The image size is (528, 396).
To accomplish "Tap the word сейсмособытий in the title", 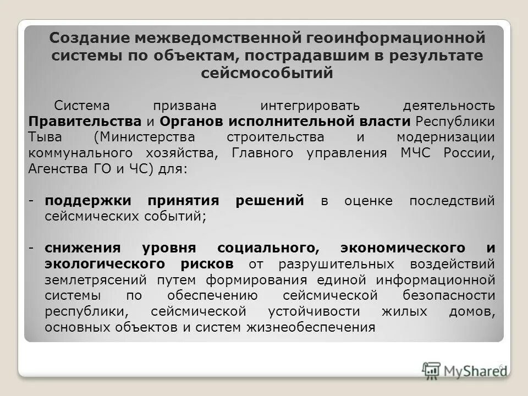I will tap(267, 73).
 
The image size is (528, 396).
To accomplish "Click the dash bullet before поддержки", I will tap(33, 201).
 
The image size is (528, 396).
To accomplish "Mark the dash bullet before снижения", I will tap(33, 248).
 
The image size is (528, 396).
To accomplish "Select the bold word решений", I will tap(269, 201).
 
